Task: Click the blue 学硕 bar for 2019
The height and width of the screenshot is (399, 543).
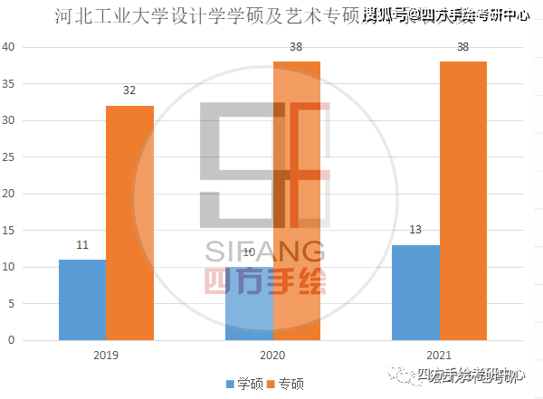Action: point(82,299)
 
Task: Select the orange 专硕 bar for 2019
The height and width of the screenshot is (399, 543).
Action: point(129,223)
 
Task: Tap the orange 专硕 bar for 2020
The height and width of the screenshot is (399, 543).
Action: point(297,201)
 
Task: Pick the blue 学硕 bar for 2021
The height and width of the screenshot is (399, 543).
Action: point(415,292)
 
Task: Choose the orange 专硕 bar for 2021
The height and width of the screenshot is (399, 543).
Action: point(463,201)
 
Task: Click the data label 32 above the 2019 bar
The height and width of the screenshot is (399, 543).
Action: point(130,90)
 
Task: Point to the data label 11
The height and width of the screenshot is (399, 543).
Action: point(82,244)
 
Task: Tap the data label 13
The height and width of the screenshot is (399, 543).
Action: point(415,230)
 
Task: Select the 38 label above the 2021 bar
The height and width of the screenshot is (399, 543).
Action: point(463,46)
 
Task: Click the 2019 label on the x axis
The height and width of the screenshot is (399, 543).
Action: point(106,356)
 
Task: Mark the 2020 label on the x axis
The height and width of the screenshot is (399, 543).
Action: point(273,356)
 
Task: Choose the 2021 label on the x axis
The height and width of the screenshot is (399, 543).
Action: point(440,356)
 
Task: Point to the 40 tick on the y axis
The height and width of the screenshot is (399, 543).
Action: point(8,47)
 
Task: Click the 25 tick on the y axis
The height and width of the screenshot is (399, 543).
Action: point(8,157)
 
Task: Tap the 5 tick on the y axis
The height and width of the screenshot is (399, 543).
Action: point(10,304)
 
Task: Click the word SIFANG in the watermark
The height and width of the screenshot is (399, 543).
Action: point(264,251)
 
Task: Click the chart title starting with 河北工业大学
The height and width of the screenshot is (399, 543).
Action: point(208,15)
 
